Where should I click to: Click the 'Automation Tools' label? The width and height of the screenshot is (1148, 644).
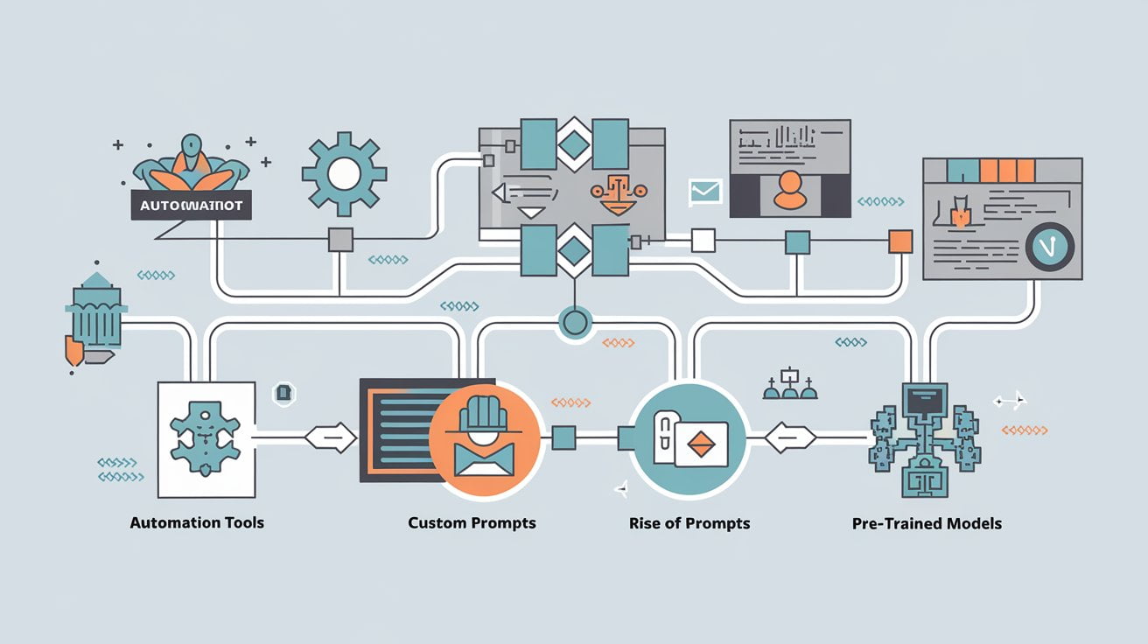tap(197, 522)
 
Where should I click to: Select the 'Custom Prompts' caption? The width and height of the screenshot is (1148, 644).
tap(472, 522)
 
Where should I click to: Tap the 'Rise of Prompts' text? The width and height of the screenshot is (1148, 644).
tap(689, 523)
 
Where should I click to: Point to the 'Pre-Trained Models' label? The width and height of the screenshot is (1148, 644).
tap(927, 523)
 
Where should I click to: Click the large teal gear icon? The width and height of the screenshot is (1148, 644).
tap(344, 173)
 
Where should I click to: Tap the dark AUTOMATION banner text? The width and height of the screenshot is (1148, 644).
tap(190, 206)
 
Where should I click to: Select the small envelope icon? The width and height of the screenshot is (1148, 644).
tap(704, 191)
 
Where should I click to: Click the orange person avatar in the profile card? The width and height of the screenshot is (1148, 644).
tap(790, 190)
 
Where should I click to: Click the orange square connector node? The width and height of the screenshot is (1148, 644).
tap(900, 241)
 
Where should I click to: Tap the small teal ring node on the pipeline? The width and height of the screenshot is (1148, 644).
tap(574, 324)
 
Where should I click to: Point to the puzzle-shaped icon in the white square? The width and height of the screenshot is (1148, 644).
tap(204, 437)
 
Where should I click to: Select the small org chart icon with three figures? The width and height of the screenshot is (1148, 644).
tap(789, 384)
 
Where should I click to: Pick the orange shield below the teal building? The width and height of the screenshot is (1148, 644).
tap(74, 351)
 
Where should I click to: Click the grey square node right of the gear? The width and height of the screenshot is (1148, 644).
tap(339, 240)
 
